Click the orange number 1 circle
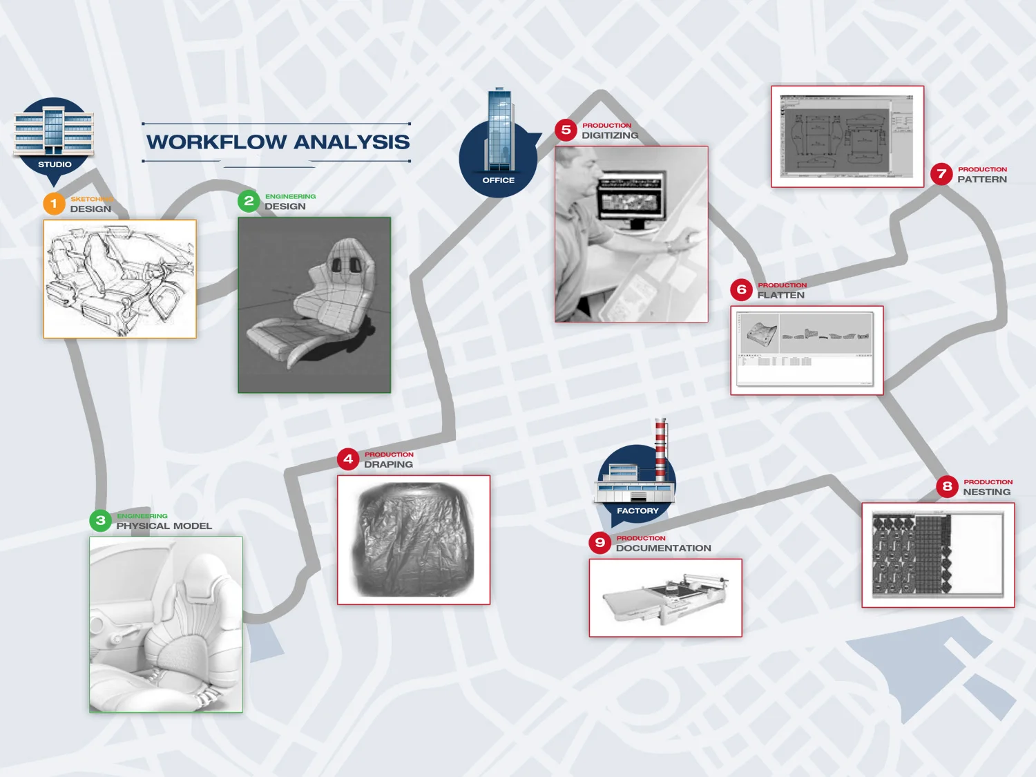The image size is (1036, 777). (54, 204)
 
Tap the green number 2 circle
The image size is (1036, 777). (249, 201)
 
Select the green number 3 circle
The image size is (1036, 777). (101, 520)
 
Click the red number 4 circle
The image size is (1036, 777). (348, 459)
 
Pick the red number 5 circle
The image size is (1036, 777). (566, 130)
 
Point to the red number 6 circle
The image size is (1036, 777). (742, 289)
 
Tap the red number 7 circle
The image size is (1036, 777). (941, 174)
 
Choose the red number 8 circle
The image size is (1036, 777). (948, 486)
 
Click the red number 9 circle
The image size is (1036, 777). (600, 542)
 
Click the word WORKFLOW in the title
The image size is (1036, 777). (216, 142)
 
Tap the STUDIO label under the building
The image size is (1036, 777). (55, 164)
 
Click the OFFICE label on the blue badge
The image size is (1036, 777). (499, 180)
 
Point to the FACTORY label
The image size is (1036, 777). (637, 511)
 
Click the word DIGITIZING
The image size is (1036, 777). (610, 135)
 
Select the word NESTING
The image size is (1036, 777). (986, 492)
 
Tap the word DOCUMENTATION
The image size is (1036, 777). (663, 548)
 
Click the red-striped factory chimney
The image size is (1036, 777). (661, 449)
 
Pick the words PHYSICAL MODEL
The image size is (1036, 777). (164, 526)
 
